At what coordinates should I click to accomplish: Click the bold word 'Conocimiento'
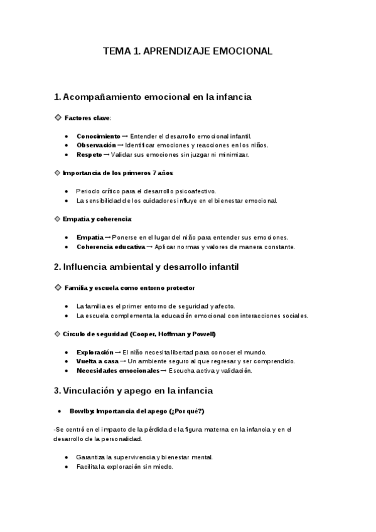(98, 136)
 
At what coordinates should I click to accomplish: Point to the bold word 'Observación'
(96, 145)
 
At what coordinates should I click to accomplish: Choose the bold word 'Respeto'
(89, 154)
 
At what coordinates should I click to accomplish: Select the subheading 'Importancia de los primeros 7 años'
(118, 173)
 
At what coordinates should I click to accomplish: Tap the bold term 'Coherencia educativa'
(110, 247)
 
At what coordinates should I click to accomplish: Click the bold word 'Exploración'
(95, 352)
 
